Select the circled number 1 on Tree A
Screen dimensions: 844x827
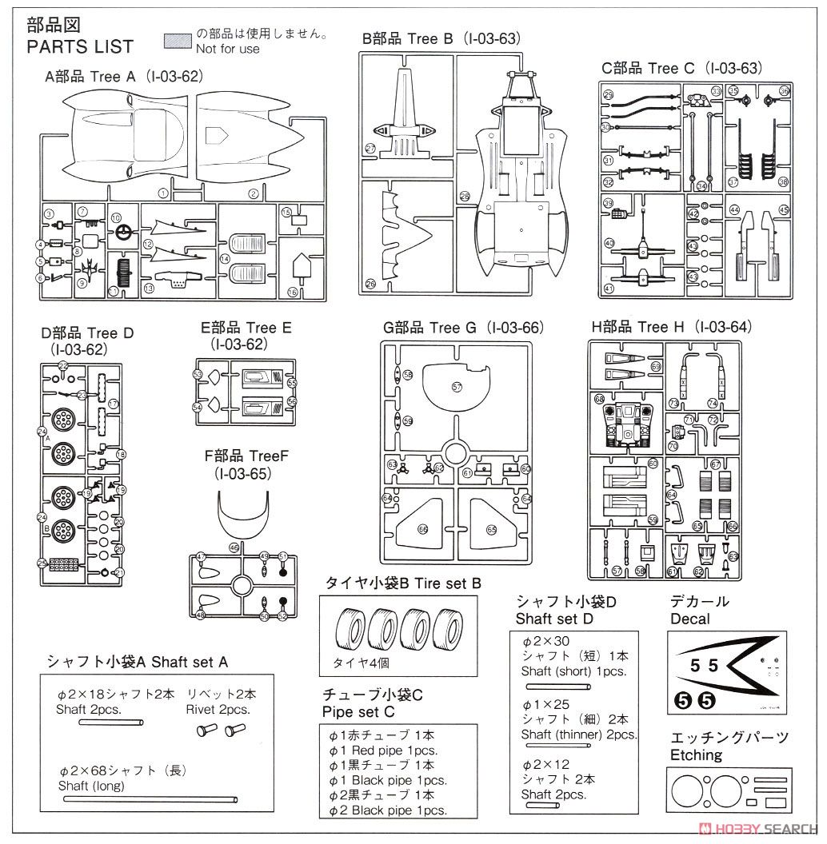pyautogui.click(x=163, y=193)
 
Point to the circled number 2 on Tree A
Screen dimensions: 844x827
pyautogui.click(x=253, y=193)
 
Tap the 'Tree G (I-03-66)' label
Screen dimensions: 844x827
pyautogui.click(x=463, y=328)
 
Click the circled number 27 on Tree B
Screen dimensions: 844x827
pyautogui.click(x=370, y=149)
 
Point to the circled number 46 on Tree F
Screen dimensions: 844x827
pyautogui.click(x=234, y=547)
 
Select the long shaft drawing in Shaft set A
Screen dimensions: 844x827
pyautogui.click(x=148, y=799)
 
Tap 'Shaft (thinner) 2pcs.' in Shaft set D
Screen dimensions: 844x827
pyautogui.click(x=578, y=735)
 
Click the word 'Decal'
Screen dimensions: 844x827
pyautogui.click(x=690, y=618)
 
